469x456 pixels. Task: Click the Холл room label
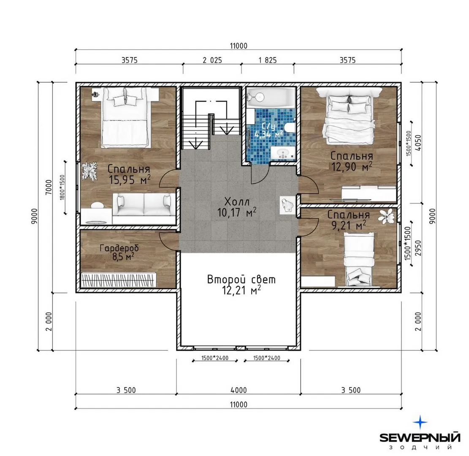pos(236,201)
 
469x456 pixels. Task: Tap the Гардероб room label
pos(119,248)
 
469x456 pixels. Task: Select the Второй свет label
pos(241,280)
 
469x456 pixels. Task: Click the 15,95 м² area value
pos(130,180)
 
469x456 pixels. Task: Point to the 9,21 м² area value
pos(349,225)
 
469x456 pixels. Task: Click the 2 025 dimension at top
pos(212,60)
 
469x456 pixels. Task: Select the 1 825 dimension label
pos(268,60)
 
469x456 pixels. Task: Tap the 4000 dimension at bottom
pos(239,390)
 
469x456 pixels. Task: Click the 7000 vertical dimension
pos(49,187)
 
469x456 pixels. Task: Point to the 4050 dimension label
pos(418,143)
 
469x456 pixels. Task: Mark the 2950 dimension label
pos(418,248)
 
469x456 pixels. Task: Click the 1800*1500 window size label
pos(62,187)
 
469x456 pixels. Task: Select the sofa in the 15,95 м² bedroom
pos(144,204)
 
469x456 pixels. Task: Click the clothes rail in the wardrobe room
pos(119,280)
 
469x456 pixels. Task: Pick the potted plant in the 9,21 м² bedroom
pos(387,216)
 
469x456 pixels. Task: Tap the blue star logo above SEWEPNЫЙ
pos(420,423)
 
